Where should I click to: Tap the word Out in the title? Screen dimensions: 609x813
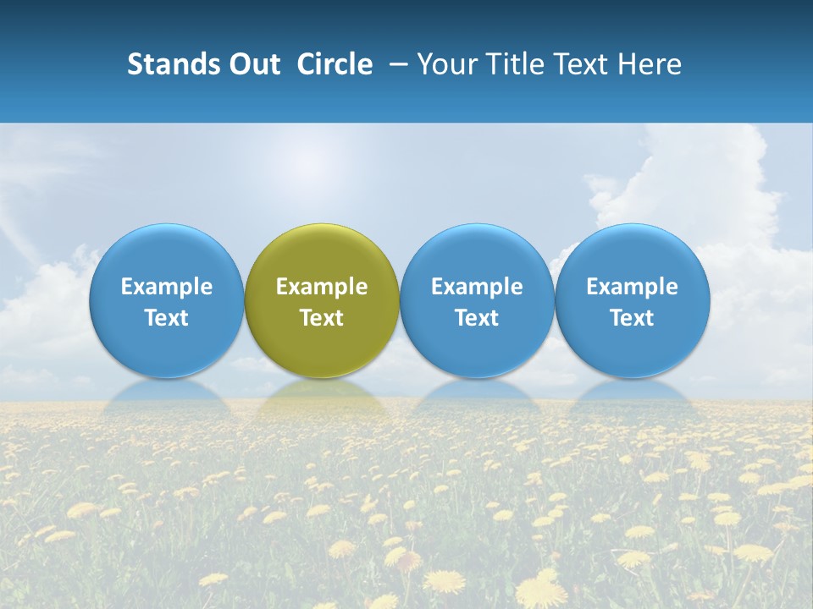[252, 64]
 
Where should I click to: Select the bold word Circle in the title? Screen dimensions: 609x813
[335, 64]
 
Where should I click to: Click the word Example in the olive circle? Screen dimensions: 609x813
[322, 287]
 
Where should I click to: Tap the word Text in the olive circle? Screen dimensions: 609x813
[322, 318]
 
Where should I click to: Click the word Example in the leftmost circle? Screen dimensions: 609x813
[167, 287]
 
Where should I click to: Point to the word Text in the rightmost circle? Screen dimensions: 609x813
[633, 318]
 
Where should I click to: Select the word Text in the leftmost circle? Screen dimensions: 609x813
[167, 318]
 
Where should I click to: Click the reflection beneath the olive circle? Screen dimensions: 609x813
[322, 392]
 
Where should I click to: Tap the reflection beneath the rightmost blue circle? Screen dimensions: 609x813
[633, 392]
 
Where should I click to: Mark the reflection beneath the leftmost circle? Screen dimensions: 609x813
[167, 392]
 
